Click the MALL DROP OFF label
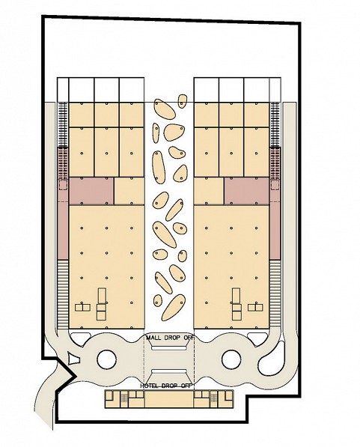tap(170, 338)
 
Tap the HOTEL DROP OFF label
tap(166, 386)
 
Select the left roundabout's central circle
tap(106, 359)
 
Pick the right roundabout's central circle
tap(231, 359)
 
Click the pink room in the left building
tap(91, 191)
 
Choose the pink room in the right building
tap(246, 191)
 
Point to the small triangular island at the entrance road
tap(73, 359)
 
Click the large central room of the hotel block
tap(169, 399)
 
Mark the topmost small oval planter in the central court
tap(182, 101)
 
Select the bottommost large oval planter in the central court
tap(174, 308)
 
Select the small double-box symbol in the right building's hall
tap(255, 307)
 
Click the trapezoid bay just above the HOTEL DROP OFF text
tap(168, 371)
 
